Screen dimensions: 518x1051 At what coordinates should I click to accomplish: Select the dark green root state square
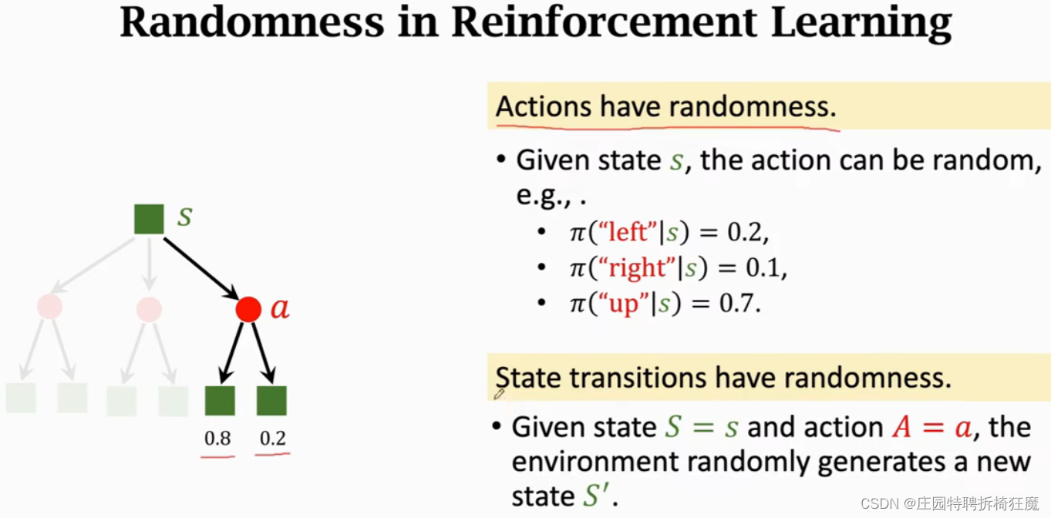tap(149, 219)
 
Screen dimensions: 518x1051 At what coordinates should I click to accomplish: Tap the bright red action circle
tap(248, 309)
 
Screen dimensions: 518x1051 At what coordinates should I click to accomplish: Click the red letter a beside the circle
tap(279, 309)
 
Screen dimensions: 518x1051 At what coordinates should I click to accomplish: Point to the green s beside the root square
tap(184, 217)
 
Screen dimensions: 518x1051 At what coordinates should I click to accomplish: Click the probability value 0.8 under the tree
tap(217, 439)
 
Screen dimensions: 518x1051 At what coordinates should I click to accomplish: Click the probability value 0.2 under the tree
tap(273, 439)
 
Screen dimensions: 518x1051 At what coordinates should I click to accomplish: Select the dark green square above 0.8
tap(220, 401)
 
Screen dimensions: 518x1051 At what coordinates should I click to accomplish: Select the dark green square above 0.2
tap(271, 401)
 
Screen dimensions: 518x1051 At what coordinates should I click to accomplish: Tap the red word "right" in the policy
tap(637, 268)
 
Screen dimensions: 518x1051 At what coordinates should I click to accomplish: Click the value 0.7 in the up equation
tap(739, 304)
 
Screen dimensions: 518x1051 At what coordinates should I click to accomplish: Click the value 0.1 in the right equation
tap(766, 268)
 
